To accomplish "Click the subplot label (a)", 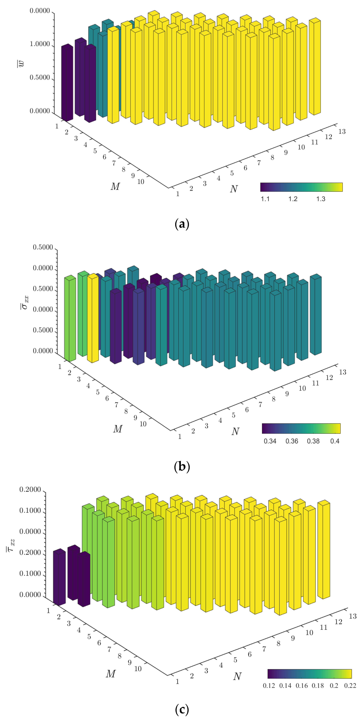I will (x=182, y=224).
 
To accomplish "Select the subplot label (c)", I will (x=182, y=709).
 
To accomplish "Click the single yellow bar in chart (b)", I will (x=93, y=319).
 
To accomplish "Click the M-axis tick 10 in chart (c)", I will (x=138, y=669).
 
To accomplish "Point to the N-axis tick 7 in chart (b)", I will (x=260, y=404).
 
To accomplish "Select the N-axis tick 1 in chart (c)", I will (x=177, y=681).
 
